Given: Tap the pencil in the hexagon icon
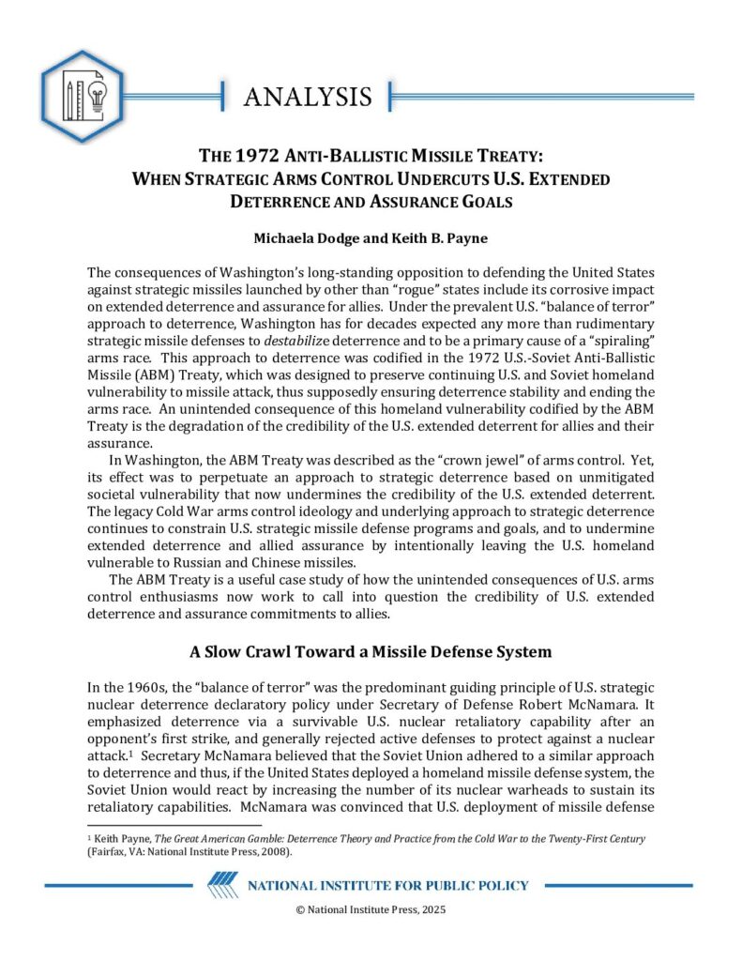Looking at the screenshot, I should pos(70,99).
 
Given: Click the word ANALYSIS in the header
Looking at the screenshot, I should pos(308,96).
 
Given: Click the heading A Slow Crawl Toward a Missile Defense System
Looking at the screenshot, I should pos(371,651).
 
